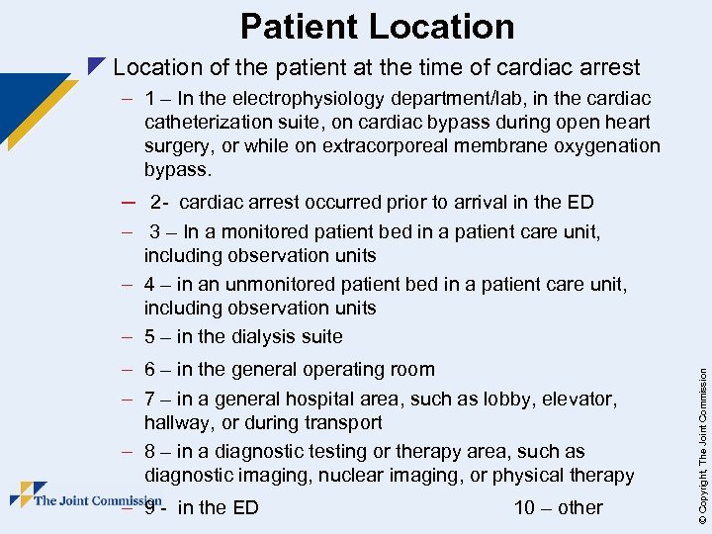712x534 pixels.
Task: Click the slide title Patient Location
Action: point(377,26)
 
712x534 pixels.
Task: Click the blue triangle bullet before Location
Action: point(95,67)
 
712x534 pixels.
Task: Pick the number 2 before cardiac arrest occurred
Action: point(156,203)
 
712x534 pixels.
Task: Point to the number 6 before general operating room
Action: point(149,370)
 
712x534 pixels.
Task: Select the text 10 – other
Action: point(558,507)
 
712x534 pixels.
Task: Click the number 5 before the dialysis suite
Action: point(149,336)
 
